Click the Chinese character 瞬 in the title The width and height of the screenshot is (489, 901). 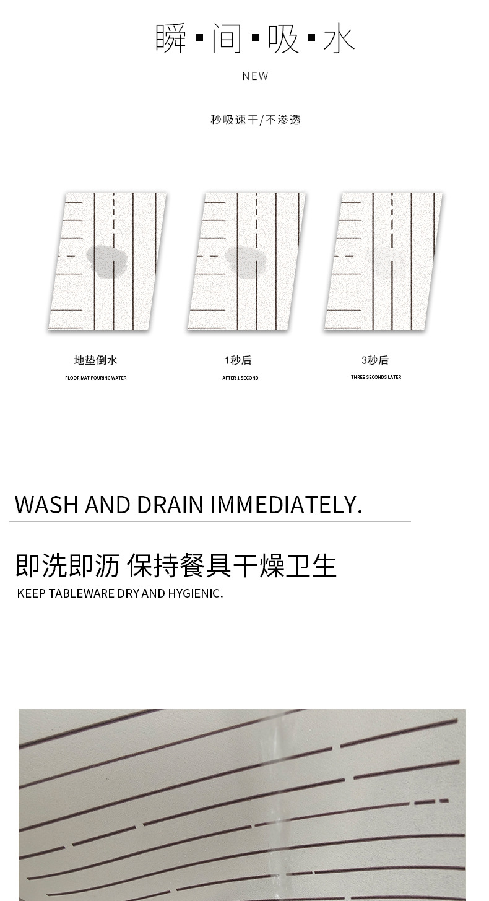171,38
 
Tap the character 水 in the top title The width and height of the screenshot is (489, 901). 339,38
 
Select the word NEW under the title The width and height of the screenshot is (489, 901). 256,76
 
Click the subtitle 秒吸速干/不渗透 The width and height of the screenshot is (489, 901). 256,120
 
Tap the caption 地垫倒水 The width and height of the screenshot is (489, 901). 95,360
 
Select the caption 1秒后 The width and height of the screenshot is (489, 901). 238,360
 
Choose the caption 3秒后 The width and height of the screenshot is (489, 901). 375,360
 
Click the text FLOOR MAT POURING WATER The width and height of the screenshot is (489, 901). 96,378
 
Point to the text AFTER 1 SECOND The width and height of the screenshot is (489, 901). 240,378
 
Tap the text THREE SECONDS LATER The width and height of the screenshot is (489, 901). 376,377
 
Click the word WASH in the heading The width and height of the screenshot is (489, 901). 46,505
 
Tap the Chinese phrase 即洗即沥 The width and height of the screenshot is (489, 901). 67,565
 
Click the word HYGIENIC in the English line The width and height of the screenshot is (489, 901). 195,593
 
